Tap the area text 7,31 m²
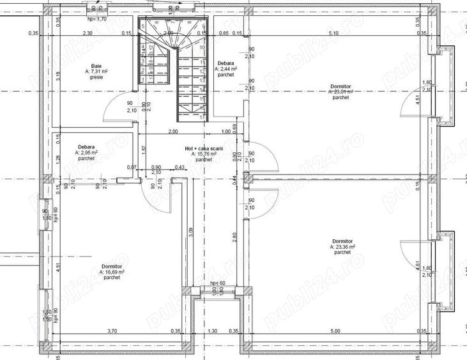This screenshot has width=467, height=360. coord(99,72)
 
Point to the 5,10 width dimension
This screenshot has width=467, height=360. coord(333,33)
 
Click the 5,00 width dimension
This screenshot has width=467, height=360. coord(335,331)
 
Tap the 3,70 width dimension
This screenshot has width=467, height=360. coord(112,331)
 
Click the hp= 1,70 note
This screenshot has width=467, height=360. coord(97,19)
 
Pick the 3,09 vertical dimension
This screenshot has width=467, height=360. coord(191,234)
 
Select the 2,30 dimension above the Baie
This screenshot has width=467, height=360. coord(88,33)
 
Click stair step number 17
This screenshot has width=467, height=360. coord(202,118)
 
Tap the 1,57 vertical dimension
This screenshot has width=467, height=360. coord(143,149)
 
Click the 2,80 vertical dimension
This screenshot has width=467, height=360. coord(234,236)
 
